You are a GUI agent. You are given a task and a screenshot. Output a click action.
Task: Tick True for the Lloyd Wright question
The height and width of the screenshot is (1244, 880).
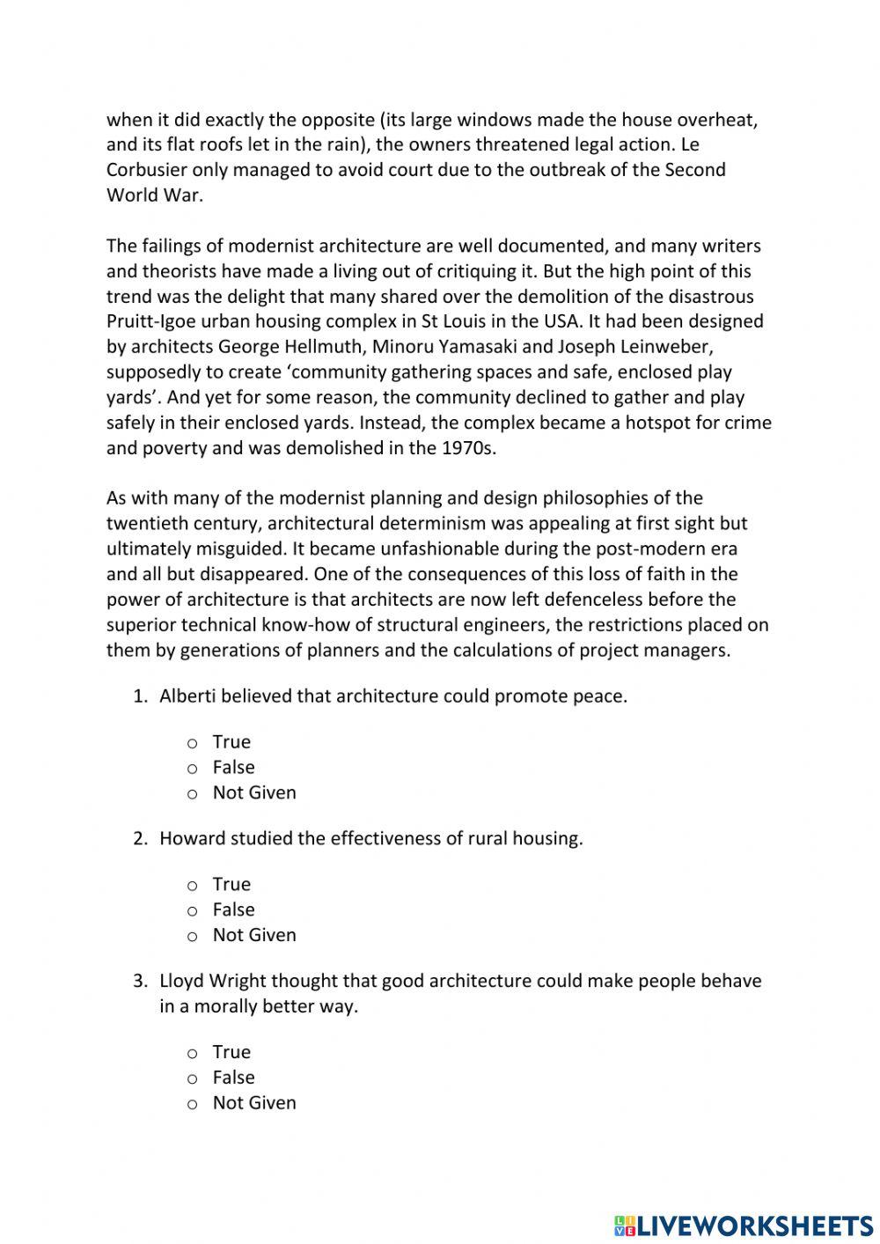(x=192, y=1054)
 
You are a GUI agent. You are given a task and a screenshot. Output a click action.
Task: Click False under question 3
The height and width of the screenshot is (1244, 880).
(x=192, y=1079)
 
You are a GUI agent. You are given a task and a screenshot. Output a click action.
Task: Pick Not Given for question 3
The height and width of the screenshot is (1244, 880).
(x=192, y=1105)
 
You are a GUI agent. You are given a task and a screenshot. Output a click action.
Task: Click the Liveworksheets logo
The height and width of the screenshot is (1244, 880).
(x=743, y=1225)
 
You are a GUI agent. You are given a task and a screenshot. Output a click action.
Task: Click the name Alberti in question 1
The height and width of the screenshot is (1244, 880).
(x=187, y=696)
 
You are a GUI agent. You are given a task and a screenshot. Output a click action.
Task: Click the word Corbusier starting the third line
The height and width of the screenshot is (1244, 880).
(x=146, y=170)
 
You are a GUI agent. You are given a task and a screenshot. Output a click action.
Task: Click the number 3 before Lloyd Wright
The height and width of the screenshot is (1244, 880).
(x=139, y=981)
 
